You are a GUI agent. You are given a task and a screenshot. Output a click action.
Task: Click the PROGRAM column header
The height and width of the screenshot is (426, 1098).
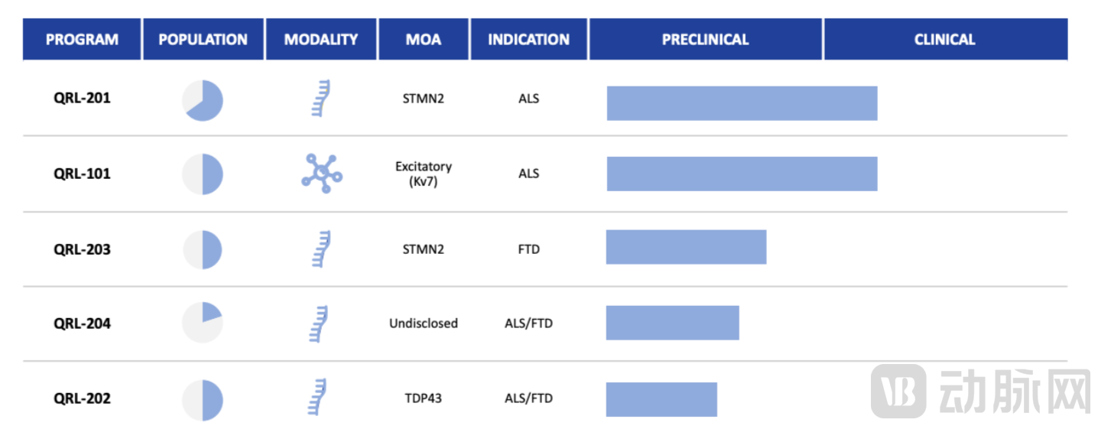click(x=82, y=39)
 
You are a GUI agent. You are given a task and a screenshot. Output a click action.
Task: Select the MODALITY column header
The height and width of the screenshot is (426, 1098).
click(x=321, y=39)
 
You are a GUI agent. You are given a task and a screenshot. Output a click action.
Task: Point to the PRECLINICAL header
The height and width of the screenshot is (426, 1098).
click(x=706, y=39)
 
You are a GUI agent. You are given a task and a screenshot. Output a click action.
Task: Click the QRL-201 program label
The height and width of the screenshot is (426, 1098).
click(x=82, y=98)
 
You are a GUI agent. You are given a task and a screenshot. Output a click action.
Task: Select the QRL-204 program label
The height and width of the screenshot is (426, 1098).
click(x=82, y=324)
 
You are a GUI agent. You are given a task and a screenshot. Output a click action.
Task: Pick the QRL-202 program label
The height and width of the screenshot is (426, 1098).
click(x=82, y=398)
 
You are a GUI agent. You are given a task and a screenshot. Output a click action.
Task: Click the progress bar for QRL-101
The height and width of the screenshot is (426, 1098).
click(x=742, y=174)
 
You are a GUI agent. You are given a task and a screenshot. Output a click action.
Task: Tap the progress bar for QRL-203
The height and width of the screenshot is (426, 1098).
click(x=687, y=247)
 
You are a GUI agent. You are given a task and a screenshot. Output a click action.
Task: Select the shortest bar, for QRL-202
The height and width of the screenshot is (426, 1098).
click(x=661, y=399)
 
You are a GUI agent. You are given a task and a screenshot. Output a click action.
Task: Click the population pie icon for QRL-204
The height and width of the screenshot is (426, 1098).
click(x=203, y=322)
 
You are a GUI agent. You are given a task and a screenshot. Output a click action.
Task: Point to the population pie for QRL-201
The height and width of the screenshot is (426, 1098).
click(x=203, y=100)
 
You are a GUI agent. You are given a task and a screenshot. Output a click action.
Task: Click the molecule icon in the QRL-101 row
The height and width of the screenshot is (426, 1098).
click(x=322, y=173)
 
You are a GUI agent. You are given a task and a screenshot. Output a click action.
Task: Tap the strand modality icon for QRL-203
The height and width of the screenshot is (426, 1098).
click(x=322, y=249)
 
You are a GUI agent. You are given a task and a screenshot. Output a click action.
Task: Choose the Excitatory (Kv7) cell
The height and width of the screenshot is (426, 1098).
click(x=424, y=174)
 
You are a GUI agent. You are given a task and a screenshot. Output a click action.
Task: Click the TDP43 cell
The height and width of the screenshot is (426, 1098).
click(x=424, y=398)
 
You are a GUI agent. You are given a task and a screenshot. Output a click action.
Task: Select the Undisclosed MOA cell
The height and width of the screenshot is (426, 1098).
click(x=424, y=324)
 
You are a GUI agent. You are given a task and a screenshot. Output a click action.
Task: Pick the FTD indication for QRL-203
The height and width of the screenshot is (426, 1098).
click(x=529, y=249)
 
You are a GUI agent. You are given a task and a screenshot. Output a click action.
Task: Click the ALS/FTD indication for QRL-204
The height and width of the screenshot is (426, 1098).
click(x=529, y=324)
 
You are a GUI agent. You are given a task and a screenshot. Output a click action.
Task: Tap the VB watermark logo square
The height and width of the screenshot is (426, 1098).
click(x=898, y=391)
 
